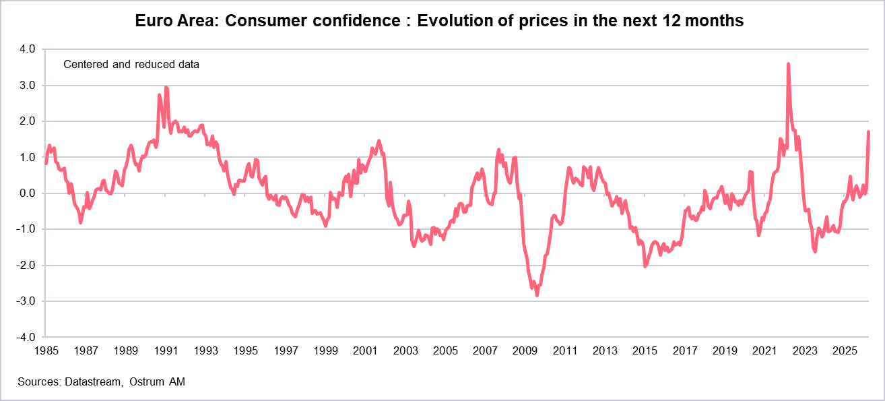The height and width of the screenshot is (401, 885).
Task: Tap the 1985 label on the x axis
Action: point(45,351)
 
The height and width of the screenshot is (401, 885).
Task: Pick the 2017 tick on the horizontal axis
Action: point(684,351)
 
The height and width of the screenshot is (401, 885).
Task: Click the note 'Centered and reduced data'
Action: point(131,65)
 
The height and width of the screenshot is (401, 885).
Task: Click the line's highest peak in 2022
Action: point(788,64)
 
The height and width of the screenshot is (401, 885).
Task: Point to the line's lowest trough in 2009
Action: point(537,295)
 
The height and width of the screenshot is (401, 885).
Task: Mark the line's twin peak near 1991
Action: point(166,88)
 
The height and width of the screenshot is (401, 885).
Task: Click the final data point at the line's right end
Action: point(869,132)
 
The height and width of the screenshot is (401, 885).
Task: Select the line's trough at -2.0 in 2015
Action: point(645,266)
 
